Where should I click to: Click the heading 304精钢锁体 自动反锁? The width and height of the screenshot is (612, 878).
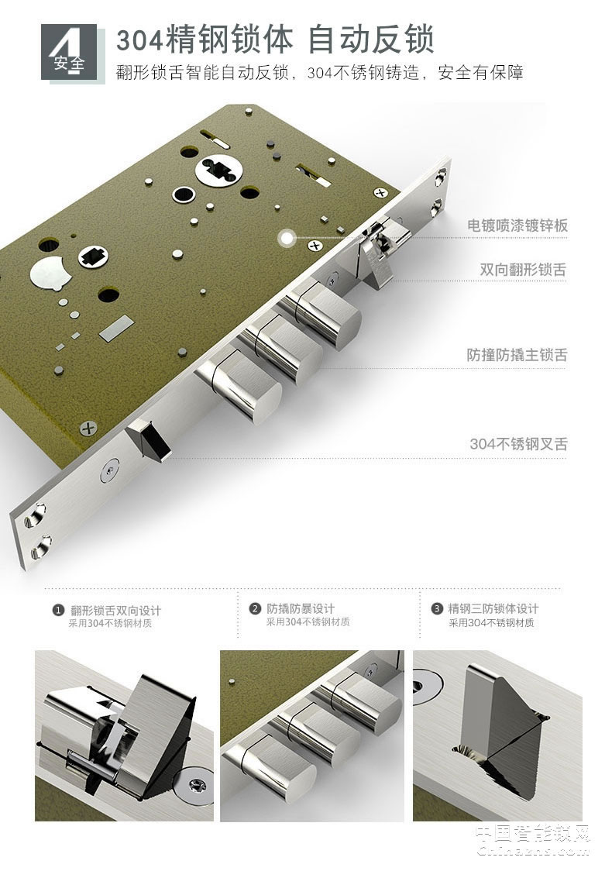pos(275,39)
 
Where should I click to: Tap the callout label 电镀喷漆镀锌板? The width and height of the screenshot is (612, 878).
pos(517,226)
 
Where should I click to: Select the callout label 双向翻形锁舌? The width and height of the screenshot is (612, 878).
pos(523,270)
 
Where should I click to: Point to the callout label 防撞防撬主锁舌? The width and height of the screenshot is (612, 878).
pos(517,355)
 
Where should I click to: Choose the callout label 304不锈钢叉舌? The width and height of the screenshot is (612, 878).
pos(518,444)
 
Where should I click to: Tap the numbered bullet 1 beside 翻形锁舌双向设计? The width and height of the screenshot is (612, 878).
pos(57,611)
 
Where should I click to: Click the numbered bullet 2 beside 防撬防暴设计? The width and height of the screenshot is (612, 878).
pos(255,609)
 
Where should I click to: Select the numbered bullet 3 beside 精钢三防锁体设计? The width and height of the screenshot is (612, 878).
pos(438,609)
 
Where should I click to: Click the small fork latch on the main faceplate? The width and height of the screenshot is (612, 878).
pos(150,439)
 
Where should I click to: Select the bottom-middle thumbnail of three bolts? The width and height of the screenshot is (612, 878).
pos(311,735)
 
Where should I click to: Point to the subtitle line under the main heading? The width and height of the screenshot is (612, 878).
pos(319,73)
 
